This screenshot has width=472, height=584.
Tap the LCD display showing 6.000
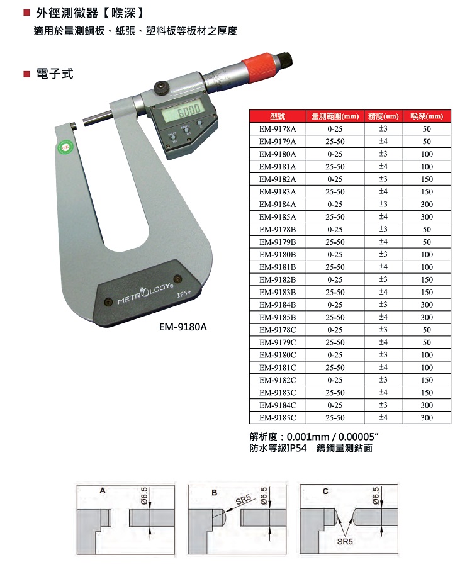coord(183,111)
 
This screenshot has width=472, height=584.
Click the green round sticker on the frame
coord(66,147)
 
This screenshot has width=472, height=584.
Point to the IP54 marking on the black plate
coord(183,294)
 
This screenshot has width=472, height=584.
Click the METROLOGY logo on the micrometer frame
coord(145,293)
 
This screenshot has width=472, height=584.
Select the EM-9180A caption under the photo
coord(183,327)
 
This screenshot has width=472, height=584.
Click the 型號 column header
coord(278,116)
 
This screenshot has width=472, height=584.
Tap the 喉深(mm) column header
coord(427,116)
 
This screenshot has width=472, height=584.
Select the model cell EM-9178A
coord(278,129)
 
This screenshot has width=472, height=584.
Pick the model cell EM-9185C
coord(278,418)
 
